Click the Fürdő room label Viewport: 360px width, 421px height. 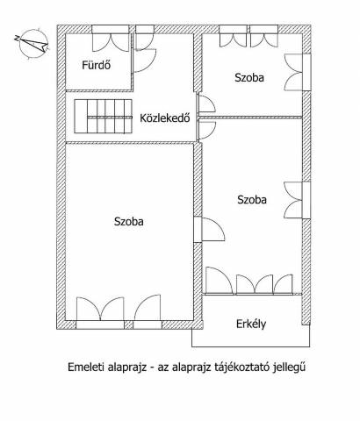(x=97, y=65)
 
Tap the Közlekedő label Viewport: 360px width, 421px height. (x=165, y=118)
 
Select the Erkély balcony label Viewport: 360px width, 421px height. (x=251, y=324)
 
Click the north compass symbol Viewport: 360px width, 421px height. (x=32, y=43)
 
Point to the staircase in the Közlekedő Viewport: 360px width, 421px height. (x=103, y=117)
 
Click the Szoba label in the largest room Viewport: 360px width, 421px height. (x=129, y=221)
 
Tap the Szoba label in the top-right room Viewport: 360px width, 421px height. (x=249, y=77)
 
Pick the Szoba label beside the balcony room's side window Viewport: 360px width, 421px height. (x=252, y=200)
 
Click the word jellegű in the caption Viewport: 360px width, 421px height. (x=289, y=367)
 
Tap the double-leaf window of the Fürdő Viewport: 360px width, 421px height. (x=111, y=39)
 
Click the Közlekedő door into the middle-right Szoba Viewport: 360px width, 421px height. (x=206, y=130)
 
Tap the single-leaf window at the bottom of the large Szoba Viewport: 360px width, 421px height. (x=148, y=311)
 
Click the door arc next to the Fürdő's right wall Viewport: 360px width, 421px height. (x=144, y=61)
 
